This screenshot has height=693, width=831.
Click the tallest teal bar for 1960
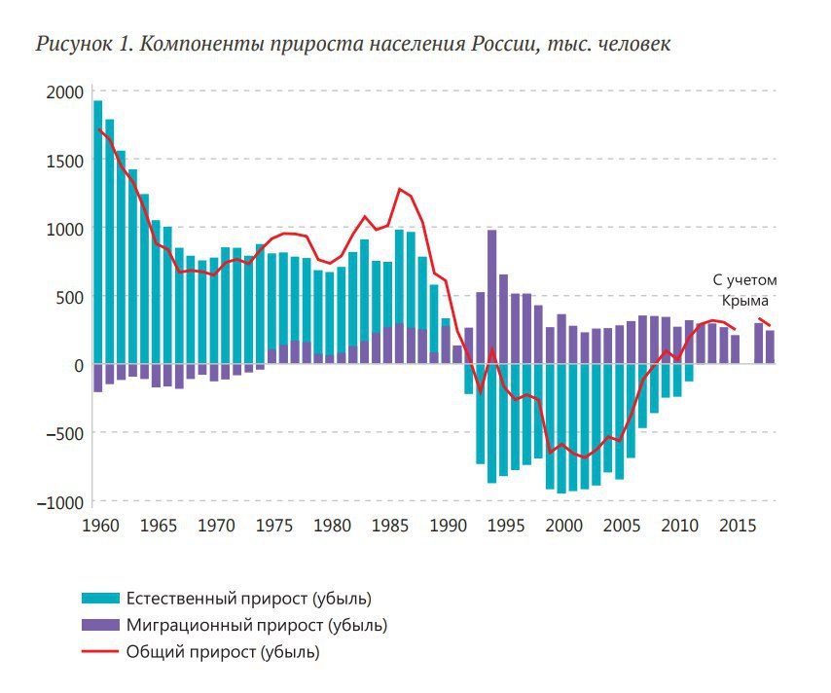[97, 234]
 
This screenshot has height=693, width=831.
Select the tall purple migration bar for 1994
[491, 297]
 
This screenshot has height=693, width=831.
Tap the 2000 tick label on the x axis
[563, 526]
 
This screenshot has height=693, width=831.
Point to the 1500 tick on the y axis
[64, 161]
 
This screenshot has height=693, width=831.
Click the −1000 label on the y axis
[60, 502]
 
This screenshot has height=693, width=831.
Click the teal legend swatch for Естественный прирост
[101, 598]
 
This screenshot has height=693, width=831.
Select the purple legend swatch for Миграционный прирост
[101, 625]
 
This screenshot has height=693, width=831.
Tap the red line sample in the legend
[101, 651]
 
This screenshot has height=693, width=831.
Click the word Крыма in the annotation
[744, 301]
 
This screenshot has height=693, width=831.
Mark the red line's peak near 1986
[399, 189]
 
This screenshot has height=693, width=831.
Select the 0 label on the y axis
[80, 365]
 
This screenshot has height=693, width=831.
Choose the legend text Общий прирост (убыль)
[223, 651]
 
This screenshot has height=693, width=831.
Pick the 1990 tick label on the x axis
[448, 526]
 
